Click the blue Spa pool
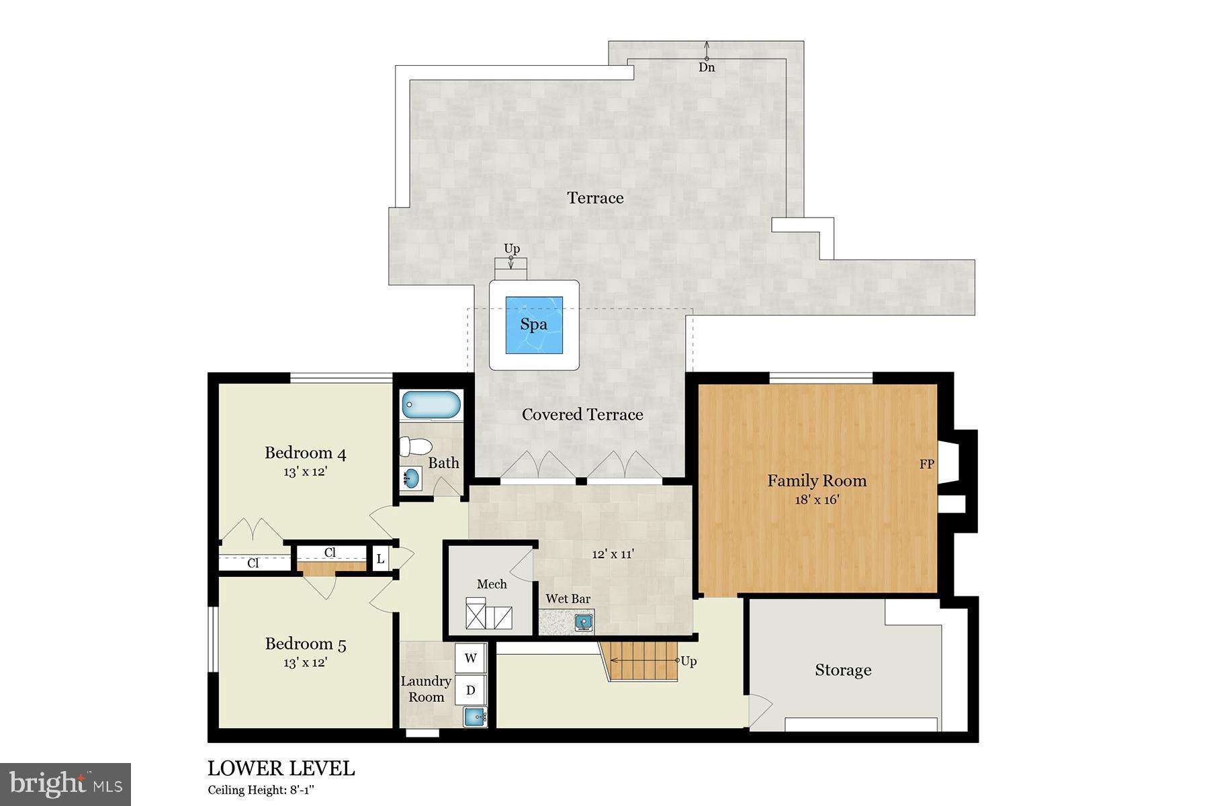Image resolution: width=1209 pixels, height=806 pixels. click(534, 325)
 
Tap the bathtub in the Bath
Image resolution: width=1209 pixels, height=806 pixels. click(431, 406)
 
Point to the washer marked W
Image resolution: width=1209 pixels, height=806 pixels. click(471, 658)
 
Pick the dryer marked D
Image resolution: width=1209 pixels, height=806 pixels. click(471, 690)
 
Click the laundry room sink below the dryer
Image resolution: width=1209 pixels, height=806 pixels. click(475, 717)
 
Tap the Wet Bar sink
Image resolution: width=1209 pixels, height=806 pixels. click(584, 623)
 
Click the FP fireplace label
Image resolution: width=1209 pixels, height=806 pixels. click(926, 464)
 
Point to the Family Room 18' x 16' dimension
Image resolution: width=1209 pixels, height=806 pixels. click(817, 500)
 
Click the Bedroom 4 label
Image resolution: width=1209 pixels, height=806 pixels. click(305, 453)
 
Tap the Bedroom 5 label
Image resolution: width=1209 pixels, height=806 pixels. click(305, 644)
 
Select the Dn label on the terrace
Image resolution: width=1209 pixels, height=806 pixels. click(707, 68)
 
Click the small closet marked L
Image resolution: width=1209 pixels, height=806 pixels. click(380, 559)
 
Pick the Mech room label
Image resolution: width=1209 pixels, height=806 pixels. click(492, 584)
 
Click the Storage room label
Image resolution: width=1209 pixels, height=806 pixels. click(843, 670)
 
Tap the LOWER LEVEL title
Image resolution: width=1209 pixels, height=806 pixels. click(281, 768)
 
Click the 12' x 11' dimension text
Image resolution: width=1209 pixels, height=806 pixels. click(613, 554)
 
